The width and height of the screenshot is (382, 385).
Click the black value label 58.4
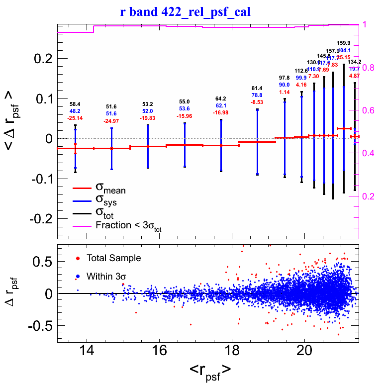pos(75,104)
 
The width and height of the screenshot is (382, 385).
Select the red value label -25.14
pos(75,118)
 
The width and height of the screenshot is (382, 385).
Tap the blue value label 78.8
pos(257,109)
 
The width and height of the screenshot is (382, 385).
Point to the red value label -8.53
pos(257,116)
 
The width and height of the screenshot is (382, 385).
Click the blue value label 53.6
pos(185,108)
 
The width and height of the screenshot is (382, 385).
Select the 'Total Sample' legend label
pos(113,258)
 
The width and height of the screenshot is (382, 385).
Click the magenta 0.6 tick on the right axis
pos(373,110)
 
